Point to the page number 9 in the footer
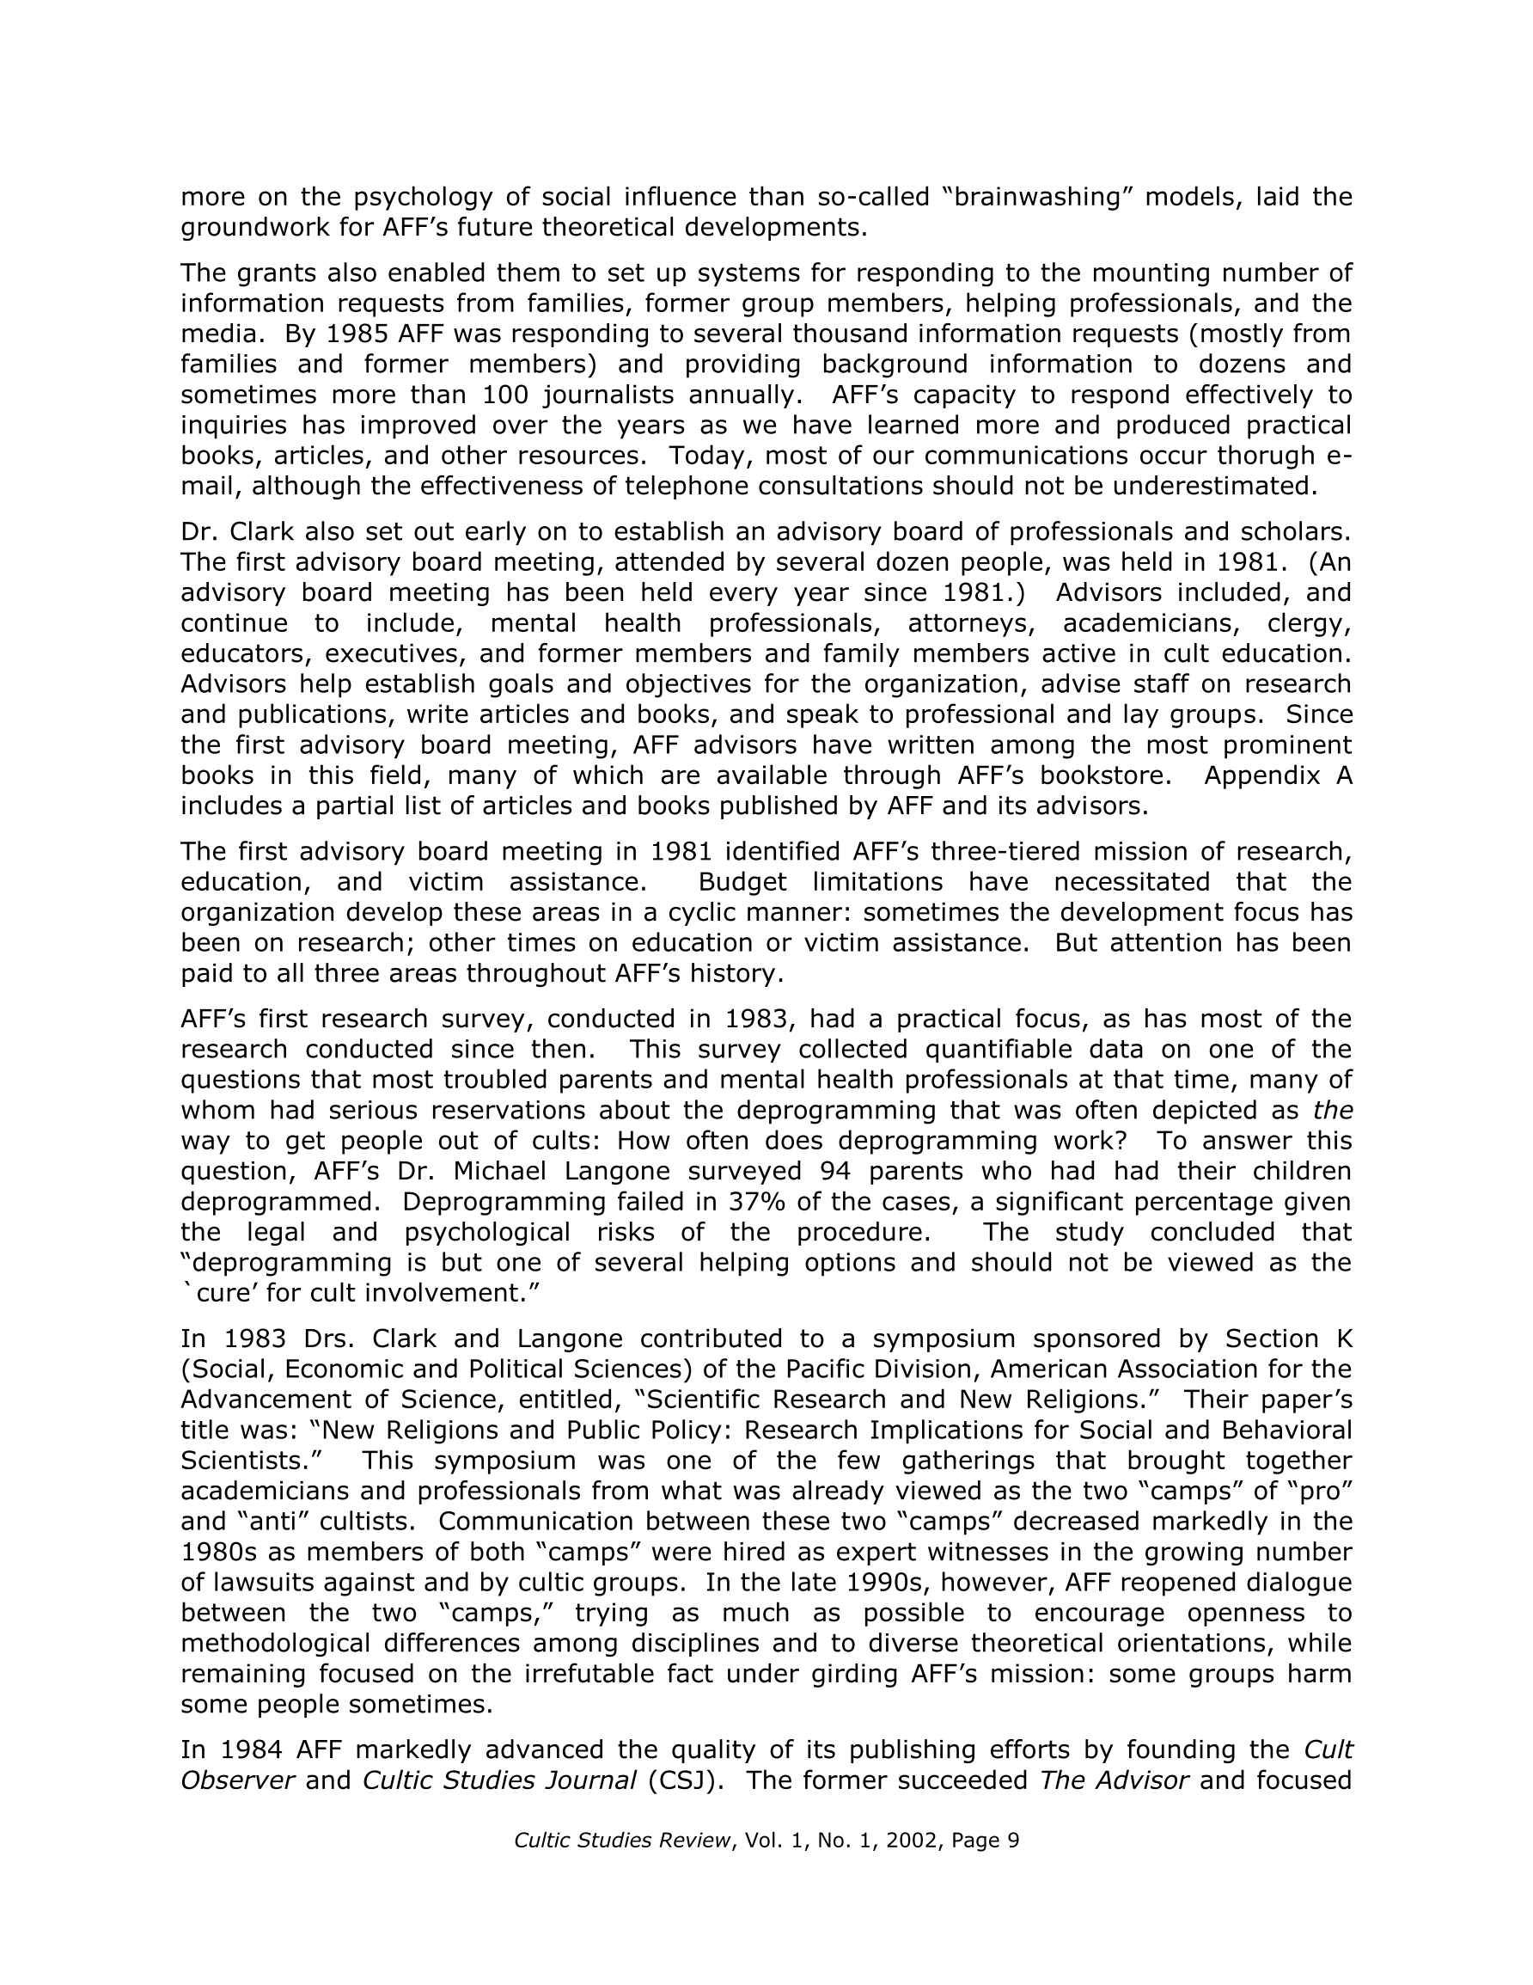1013,1841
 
